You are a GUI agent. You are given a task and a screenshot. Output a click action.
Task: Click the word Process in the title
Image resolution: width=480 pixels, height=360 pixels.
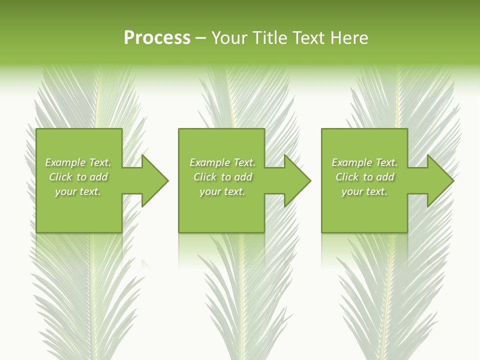pyautogui.click(x=157, y=38)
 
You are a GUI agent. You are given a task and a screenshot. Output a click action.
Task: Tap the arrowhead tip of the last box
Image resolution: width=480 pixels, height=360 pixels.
pyautogui.click(x=453, y=180)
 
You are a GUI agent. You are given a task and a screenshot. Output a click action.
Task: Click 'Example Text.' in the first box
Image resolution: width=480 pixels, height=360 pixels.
pyautogui.click(x=78, y=162)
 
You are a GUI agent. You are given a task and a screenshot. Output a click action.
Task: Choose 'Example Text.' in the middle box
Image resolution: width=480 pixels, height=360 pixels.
pyautogui.click(x=222, y=162)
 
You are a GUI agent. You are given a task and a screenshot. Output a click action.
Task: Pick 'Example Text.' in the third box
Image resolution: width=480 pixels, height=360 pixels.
pyautogui.click(x=364, y=162)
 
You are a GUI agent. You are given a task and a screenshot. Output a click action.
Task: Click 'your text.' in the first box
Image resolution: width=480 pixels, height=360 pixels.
pyautogui.click(x=78, y=191)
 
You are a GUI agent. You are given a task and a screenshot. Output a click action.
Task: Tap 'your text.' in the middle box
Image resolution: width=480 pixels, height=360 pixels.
pyautogui.click(x=222, y=191)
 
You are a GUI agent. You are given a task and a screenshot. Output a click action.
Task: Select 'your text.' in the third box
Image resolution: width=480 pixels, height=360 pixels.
pyautogui.click(x=364, y=191)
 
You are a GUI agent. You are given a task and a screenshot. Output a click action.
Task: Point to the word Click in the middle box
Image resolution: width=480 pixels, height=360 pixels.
pyautogui.click(x=205, y=177)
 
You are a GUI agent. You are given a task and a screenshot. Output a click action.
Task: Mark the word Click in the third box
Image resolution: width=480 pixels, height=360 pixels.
pyautogui.click(x=347, y=177)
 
